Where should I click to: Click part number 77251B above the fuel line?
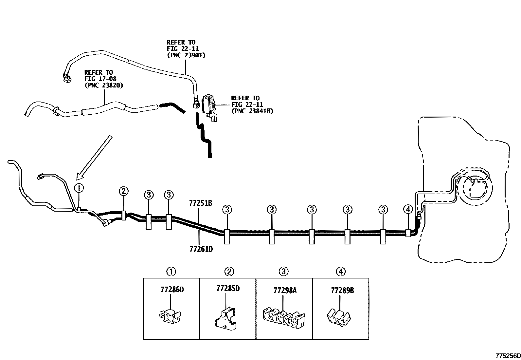point(201,203)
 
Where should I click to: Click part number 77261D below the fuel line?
point(201,249)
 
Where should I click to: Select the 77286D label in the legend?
point(172,290)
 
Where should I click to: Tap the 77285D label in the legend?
point(228,289)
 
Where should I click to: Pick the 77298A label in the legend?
point(285,291)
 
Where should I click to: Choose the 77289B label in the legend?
point(342,291)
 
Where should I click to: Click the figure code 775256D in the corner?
point(508,355)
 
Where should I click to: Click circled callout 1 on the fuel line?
point(79,188)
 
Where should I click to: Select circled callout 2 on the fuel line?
point(123,191)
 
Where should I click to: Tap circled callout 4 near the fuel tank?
point(408,209)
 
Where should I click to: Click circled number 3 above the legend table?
point(283,271)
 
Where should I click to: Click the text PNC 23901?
point(186,55)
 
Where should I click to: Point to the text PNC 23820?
point(104,85)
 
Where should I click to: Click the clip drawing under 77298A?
point(284,318)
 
